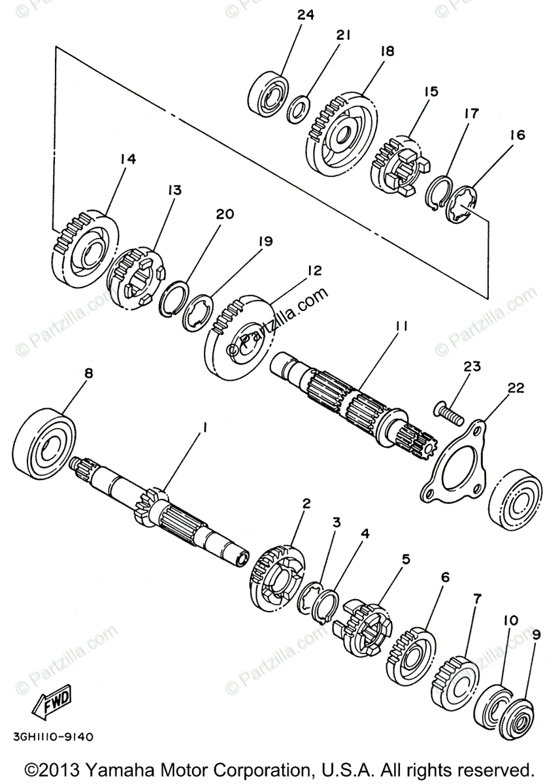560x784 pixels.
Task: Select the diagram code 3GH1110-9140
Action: pyautogui.click(x=53, y=737)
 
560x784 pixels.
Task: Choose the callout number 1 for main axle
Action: pyautogui.click(x=205, y=427)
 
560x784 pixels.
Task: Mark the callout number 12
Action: pyautogui.click(x=314, y=270)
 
